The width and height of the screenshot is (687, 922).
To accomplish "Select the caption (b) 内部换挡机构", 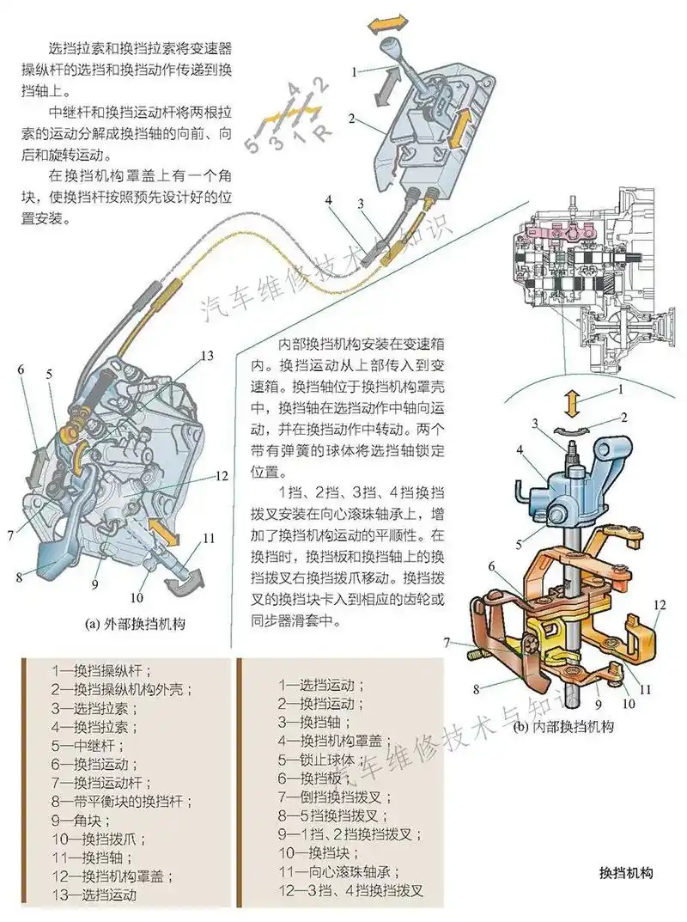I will click(x=563, y=727).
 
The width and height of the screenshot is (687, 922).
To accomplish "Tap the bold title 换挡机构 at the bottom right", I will click(x=627, y=873).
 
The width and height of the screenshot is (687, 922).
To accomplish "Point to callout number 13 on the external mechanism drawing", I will click(x=206, y=355).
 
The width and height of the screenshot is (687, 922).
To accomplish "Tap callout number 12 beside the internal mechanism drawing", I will click(x=659, y=605).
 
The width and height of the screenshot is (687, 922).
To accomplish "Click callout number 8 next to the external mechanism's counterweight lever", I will click(x=19, y=577).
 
